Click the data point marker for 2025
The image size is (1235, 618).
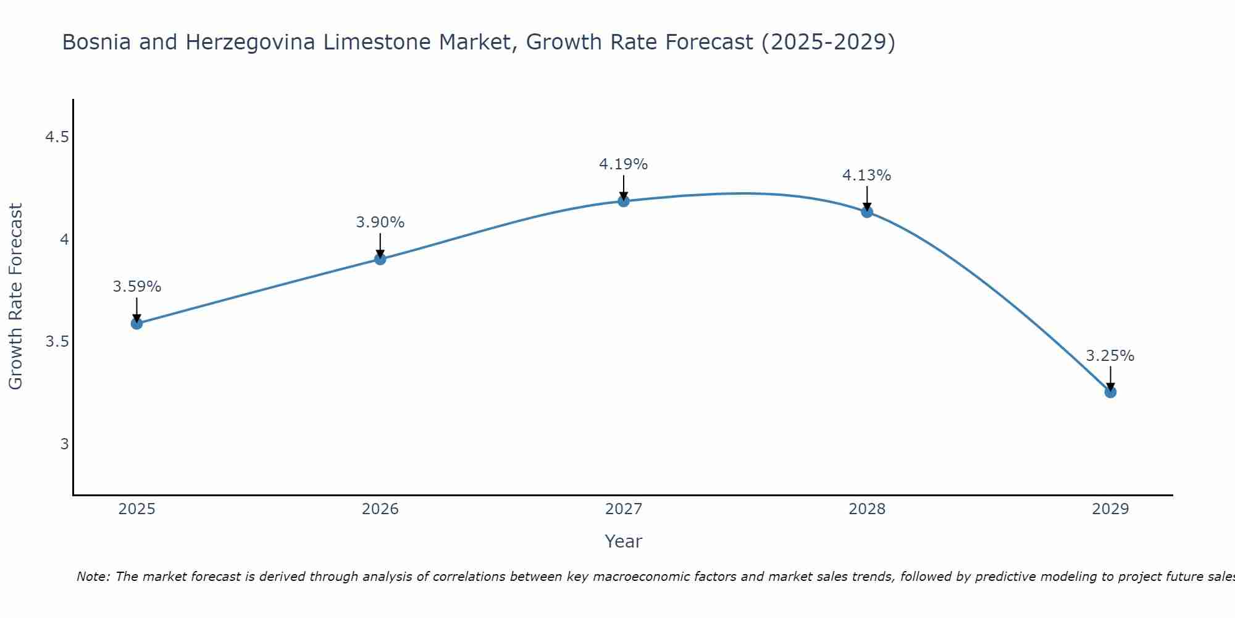point(137,323)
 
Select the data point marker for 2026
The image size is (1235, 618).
point(380,259)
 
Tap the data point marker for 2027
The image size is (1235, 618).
point(624,201)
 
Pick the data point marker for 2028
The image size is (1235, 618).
point(867,212)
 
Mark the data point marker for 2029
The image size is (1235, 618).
point(1110,392)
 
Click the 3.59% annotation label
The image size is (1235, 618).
point(137,287)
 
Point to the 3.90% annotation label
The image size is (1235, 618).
point(380,222)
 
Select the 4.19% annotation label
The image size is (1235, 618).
point(624,164)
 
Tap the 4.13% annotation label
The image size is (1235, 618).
point(867,176)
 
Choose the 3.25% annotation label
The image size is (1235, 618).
point(1110,356)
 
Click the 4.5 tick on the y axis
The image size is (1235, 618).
point(57,137)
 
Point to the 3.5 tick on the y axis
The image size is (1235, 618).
point(57,342)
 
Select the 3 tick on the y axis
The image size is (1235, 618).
point(64,444)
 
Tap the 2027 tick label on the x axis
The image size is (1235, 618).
point(624,509)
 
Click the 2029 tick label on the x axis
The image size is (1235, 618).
point(1110,509)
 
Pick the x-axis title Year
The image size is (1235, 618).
point(624,541)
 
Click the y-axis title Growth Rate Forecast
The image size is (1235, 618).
point(15,297)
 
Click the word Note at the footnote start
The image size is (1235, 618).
point(93,577)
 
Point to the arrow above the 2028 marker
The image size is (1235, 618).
point(867,198)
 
